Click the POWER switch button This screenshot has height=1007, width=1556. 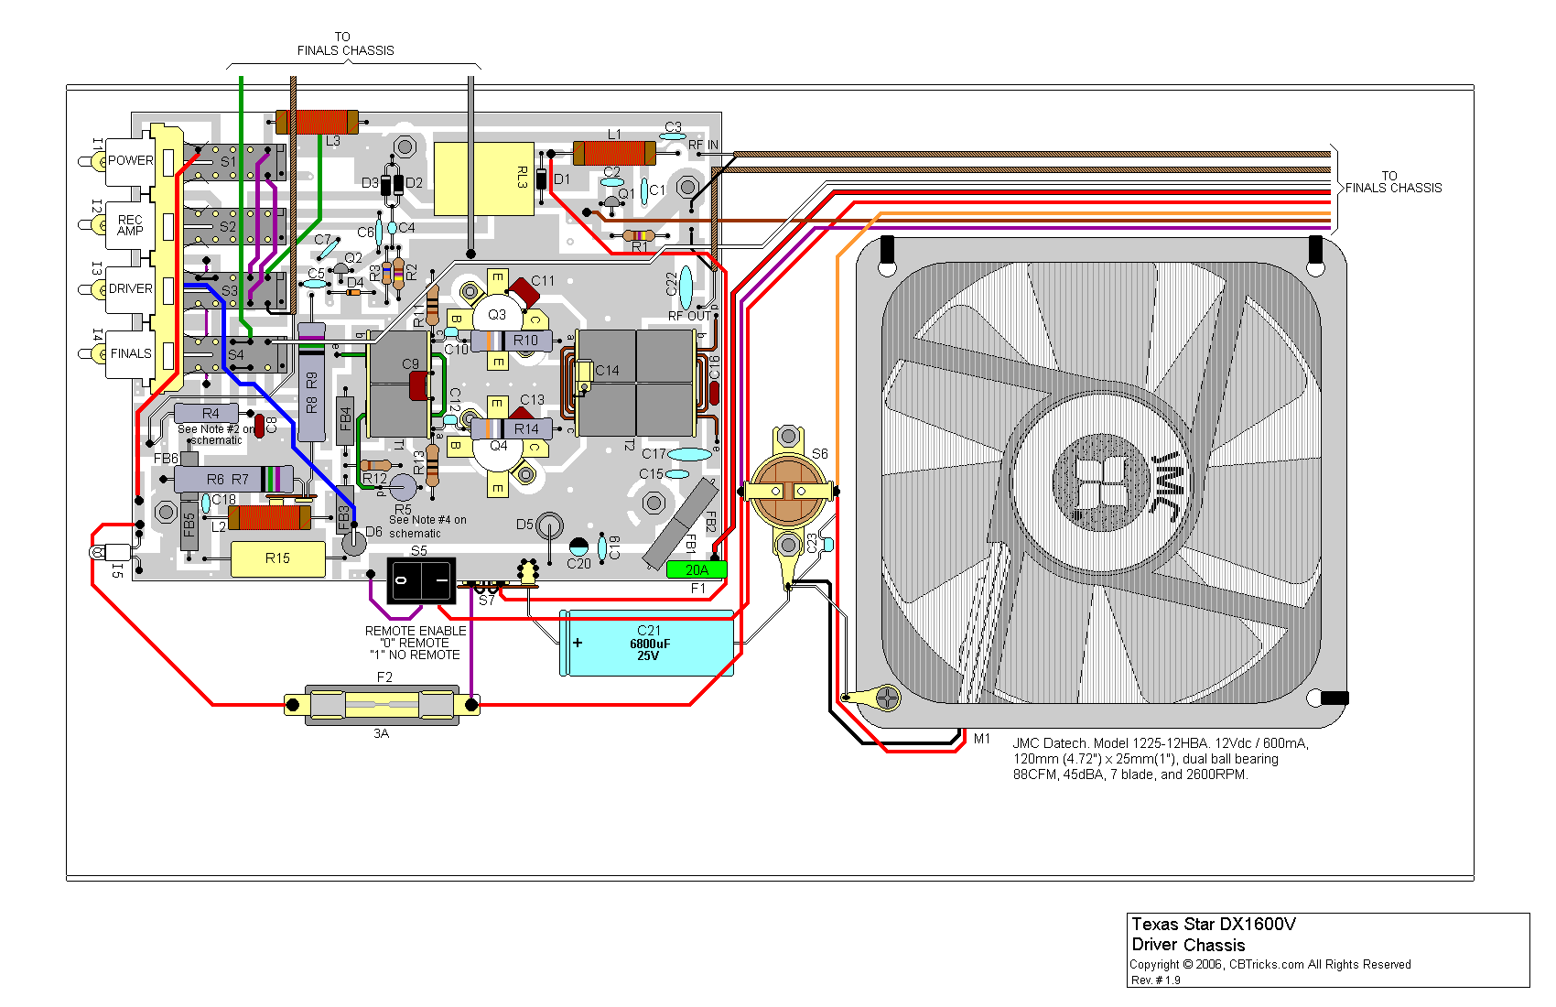click(x=130, y=161)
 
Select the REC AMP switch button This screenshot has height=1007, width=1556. click(x=130, y=225)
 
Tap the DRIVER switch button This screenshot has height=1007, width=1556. click(x=130, y=289)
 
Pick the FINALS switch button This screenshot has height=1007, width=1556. click(x=130, y=353)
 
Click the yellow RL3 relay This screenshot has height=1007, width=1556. click(x=483, y=179)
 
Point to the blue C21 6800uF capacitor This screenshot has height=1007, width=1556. click(x=647, y=644)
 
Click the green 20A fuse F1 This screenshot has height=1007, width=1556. click(x=696, y=569)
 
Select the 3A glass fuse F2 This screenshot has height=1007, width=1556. click(x=382, y=705)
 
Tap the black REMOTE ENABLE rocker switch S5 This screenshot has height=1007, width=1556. click(x=420, y=580)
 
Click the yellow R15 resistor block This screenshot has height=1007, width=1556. click(x=277, y=558)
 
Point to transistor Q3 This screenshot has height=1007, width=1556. click(x=497, y=315)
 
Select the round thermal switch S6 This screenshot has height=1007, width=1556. click(x=788, y=490)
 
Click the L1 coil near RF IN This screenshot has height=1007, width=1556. click(x=614, y=153)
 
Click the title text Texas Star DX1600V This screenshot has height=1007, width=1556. click(x=1214, y=925)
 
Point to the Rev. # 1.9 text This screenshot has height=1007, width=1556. click(x=1156, y=980)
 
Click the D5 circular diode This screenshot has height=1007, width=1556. click(x=548, y=525)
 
